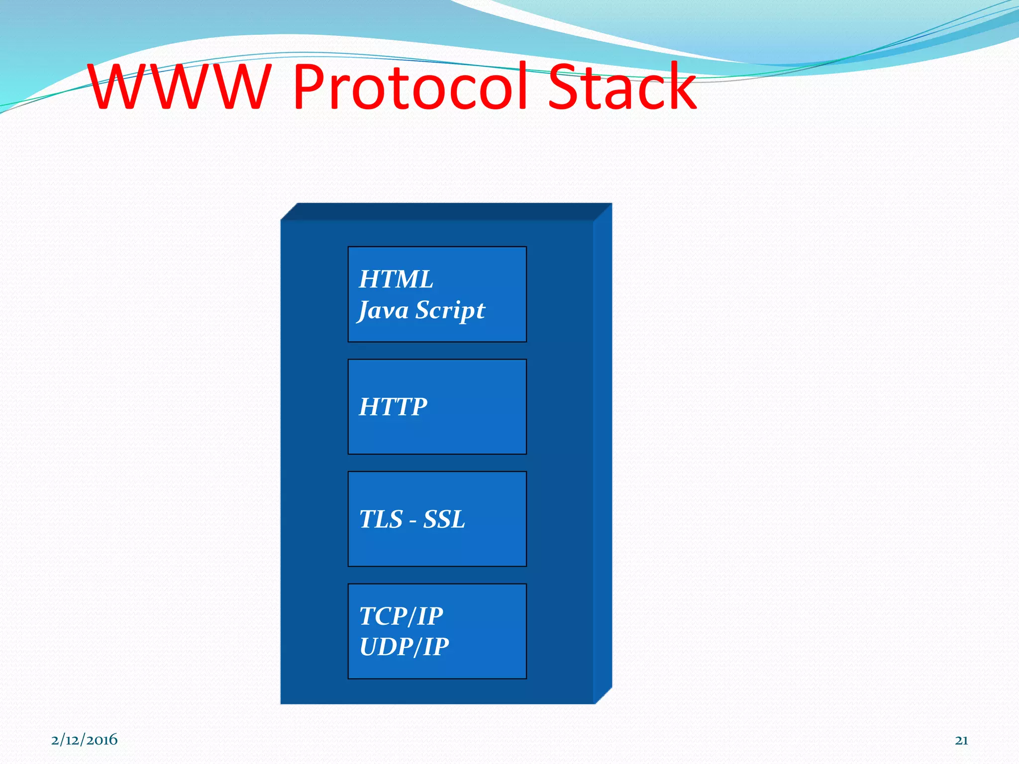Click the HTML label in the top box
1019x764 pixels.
pyautogui.click(x=396, y=279)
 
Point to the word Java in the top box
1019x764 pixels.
pyautogui.click(x=384, y=310)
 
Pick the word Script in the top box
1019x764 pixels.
pyautogui.click(x=450, y=310)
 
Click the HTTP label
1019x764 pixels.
pyautogui.click(x=393, y=407)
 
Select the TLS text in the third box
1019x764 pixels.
pyautogui.click(x=381, y=519)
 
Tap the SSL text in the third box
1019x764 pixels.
pyautogui.click(x=444, y=519)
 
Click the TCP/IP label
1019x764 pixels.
pyautogui.click(x=401, y=616)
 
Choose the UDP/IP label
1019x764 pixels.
pyautogui.click(x=404, y=647)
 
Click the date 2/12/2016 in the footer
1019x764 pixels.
pyautogui.click(x=85, y=740)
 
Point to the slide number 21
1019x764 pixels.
pyautogui.click(x=961, y=740)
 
